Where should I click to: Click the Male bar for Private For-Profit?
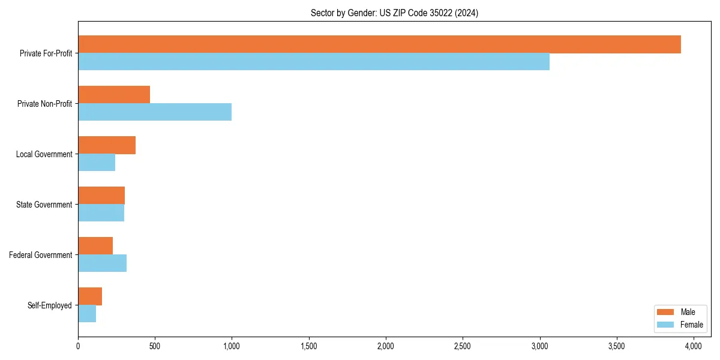point(379,44)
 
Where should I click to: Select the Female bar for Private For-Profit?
point(314,62)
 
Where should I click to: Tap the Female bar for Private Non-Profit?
point(155,112)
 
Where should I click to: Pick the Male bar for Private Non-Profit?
point(114,95)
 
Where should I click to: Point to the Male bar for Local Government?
point(107,145)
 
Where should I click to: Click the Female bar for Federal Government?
point(102,263)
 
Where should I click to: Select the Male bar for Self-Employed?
point(90,296)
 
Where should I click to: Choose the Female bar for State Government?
point(101,213)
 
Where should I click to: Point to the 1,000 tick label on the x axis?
point(232,346)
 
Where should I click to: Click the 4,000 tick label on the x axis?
point(693,346)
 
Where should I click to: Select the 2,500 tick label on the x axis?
point(463,346)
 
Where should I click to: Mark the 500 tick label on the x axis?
point(155,346)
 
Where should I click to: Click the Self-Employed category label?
point(50,305)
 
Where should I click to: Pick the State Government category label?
point(44,205)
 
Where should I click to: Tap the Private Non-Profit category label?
point(44,104)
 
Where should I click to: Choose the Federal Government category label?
point(41,255)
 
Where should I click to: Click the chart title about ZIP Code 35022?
point(394,13)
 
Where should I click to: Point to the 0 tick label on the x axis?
point(78,346)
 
